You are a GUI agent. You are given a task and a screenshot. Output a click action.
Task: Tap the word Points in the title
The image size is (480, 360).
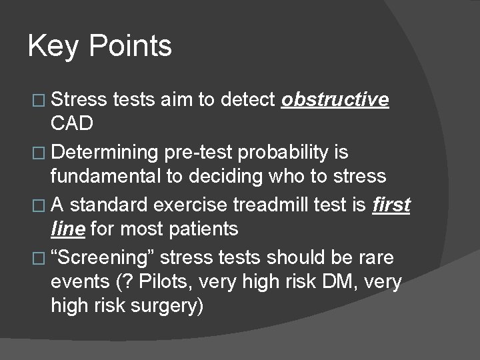click(x=129, y=47)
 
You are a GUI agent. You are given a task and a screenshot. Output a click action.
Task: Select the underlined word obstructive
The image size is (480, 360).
click(x=335, y=100)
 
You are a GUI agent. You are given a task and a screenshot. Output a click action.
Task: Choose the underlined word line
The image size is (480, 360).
click(x=67, y=229)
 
